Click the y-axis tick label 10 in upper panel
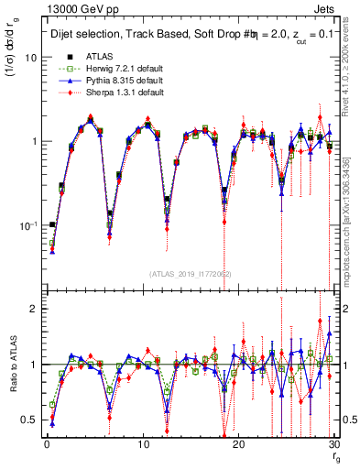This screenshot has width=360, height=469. (31, 57)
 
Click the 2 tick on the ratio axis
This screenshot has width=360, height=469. (34, 309)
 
